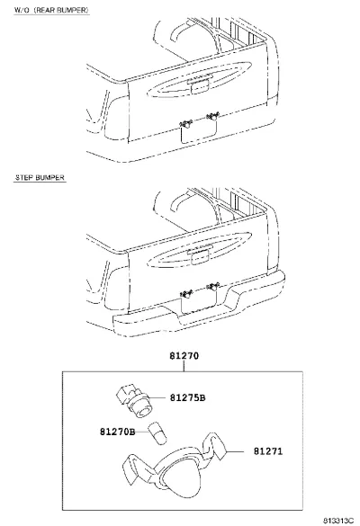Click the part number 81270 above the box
pos(184,355)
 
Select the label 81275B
pos(187,397)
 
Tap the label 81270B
pos(117,432)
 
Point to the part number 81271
pos(268,451)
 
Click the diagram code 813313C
pos(338,521)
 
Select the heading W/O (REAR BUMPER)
pos(51,10)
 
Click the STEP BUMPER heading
pos(40,177)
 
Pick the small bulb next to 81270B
pos(157,433)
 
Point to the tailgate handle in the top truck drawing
pos(199,85)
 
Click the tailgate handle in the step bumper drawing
pos(199,255)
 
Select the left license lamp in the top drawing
pos(185,124)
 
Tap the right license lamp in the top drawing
pos(212,116)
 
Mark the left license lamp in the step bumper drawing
pos(186,295)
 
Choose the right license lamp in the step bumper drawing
pos(213,287)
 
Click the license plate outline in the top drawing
pos(199,131)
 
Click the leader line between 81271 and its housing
pos(235,451)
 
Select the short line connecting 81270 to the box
pos(184,366)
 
